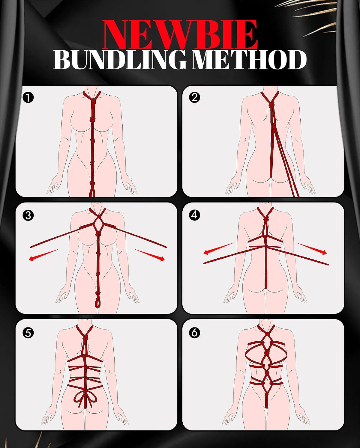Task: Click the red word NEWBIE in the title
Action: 180,35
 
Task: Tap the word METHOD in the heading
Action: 249,60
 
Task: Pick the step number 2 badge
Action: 194,97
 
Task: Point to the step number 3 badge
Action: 28,215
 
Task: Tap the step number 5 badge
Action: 28,333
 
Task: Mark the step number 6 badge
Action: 194,332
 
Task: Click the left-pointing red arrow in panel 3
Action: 44,255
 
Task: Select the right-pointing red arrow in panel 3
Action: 149,255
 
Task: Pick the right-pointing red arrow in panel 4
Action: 311,248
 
